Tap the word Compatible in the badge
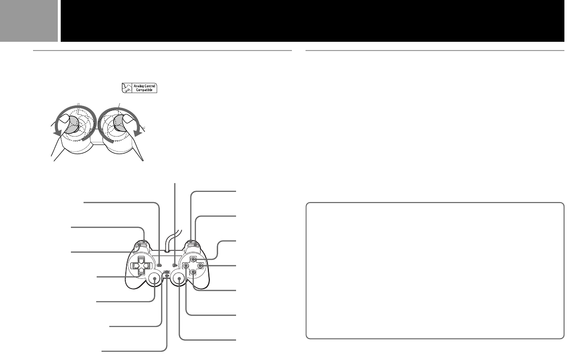[x=144, y=91]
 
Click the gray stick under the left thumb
[x=71, y=123]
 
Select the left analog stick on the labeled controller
[x=155, y=279]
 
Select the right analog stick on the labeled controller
[x=179, y=279]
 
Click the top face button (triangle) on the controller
[x=193, y=260]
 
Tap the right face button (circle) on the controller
[x=200, y=266]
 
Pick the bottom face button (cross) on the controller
[x=193, y=273]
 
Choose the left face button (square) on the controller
[x=187, y=266]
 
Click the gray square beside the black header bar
[x=29, y=20]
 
